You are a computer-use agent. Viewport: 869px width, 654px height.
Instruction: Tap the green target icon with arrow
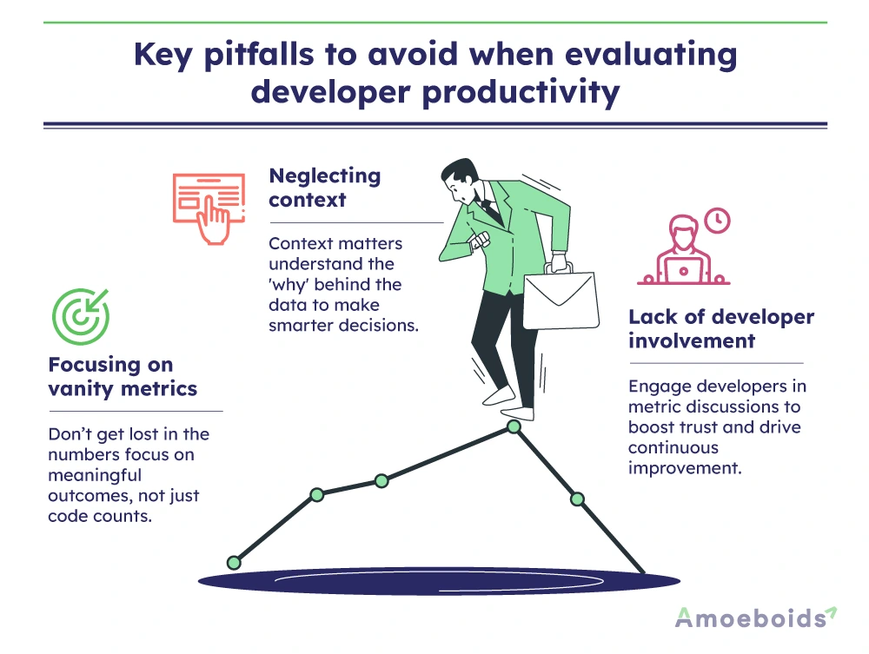click(81, 316)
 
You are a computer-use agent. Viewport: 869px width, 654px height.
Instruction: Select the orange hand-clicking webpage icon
click(209, 208)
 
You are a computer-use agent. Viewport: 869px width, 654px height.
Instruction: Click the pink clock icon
click(717, 221)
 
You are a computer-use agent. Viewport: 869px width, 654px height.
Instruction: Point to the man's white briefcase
click(561, 298)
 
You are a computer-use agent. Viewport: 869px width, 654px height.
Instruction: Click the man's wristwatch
click(479, 241)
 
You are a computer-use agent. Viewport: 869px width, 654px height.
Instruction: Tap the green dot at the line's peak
click(514, 426)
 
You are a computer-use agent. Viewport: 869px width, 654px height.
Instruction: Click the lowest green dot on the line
click(234, 563)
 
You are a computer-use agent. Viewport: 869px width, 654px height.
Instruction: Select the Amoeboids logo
click(756, 618)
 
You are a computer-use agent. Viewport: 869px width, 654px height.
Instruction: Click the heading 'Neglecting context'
click(325, 188)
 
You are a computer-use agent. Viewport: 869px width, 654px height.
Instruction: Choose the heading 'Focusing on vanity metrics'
click(123, 377)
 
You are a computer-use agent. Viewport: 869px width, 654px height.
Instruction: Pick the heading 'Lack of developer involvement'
click(721, 328)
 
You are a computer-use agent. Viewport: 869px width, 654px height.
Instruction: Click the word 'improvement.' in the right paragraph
click(685, 468)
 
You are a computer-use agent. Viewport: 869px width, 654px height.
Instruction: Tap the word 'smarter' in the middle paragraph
click(302, 325)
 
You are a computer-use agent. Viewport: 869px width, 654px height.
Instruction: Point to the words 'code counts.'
click(100, 516)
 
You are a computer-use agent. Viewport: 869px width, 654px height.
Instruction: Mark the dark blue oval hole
click(439, 581)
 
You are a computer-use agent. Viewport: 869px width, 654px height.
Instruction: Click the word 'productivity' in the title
click(521, 93)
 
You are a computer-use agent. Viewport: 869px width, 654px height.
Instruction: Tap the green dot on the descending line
click(577, 499)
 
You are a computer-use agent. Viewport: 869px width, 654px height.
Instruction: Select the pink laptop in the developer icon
click(683, 271)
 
